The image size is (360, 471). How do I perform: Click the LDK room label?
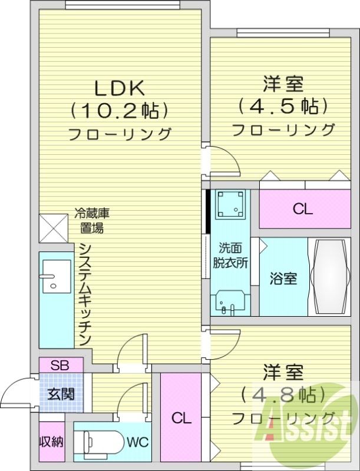[120, 88]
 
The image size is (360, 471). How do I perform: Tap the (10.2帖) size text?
[120, 110]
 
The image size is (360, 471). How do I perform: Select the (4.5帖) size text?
[283, 107]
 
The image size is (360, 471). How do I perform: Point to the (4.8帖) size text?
[283, 394]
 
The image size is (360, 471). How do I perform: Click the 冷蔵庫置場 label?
[93, 221]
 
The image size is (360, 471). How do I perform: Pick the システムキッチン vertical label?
[84, 294]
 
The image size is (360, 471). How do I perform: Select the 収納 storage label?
[52, 442]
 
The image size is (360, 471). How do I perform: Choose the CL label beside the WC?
[181, 419]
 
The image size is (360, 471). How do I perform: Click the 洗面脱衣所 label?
[230, 256]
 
